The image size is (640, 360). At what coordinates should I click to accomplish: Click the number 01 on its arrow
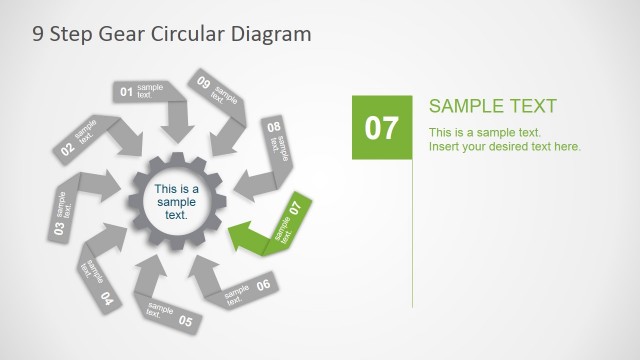coord(127,92)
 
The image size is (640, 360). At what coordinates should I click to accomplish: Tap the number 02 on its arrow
coord(67,150)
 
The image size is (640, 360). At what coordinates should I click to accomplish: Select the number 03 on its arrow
coord(59,229)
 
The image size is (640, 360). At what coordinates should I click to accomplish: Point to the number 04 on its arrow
coord(107,298)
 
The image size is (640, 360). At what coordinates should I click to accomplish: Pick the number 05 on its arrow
coord(185,321)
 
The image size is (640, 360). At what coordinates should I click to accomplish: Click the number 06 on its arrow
coord(263,285)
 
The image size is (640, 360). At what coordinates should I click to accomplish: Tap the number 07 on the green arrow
coord(295,208)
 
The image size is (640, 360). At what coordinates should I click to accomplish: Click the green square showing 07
coord(381,127)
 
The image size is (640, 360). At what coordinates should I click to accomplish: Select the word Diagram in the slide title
coord(272,33)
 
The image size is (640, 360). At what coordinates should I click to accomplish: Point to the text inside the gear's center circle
coord(176,202)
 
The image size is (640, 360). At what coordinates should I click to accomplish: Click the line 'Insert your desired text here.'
coord(505,147)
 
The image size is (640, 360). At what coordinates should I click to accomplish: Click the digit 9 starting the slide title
coord(38,33)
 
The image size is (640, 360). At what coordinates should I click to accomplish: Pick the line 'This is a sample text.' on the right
coord(485,132)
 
